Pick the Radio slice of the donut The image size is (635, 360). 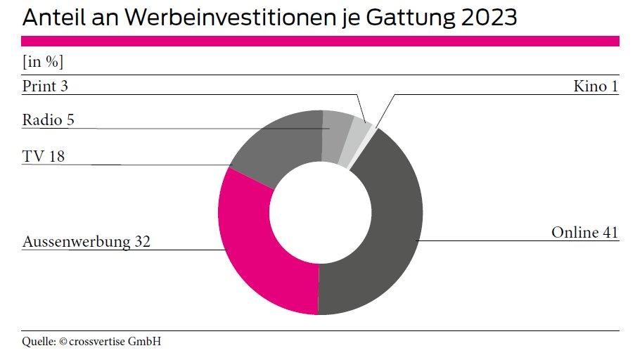336,134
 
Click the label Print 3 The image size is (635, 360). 45,86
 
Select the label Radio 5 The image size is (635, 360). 48,120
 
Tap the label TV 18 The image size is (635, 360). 43,156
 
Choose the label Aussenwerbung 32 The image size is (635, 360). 86,242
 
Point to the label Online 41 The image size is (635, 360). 584,232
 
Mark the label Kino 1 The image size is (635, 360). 596,86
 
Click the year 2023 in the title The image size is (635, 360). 489,18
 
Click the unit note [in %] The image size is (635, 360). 43,62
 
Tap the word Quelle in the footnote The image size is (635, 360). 39,342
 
